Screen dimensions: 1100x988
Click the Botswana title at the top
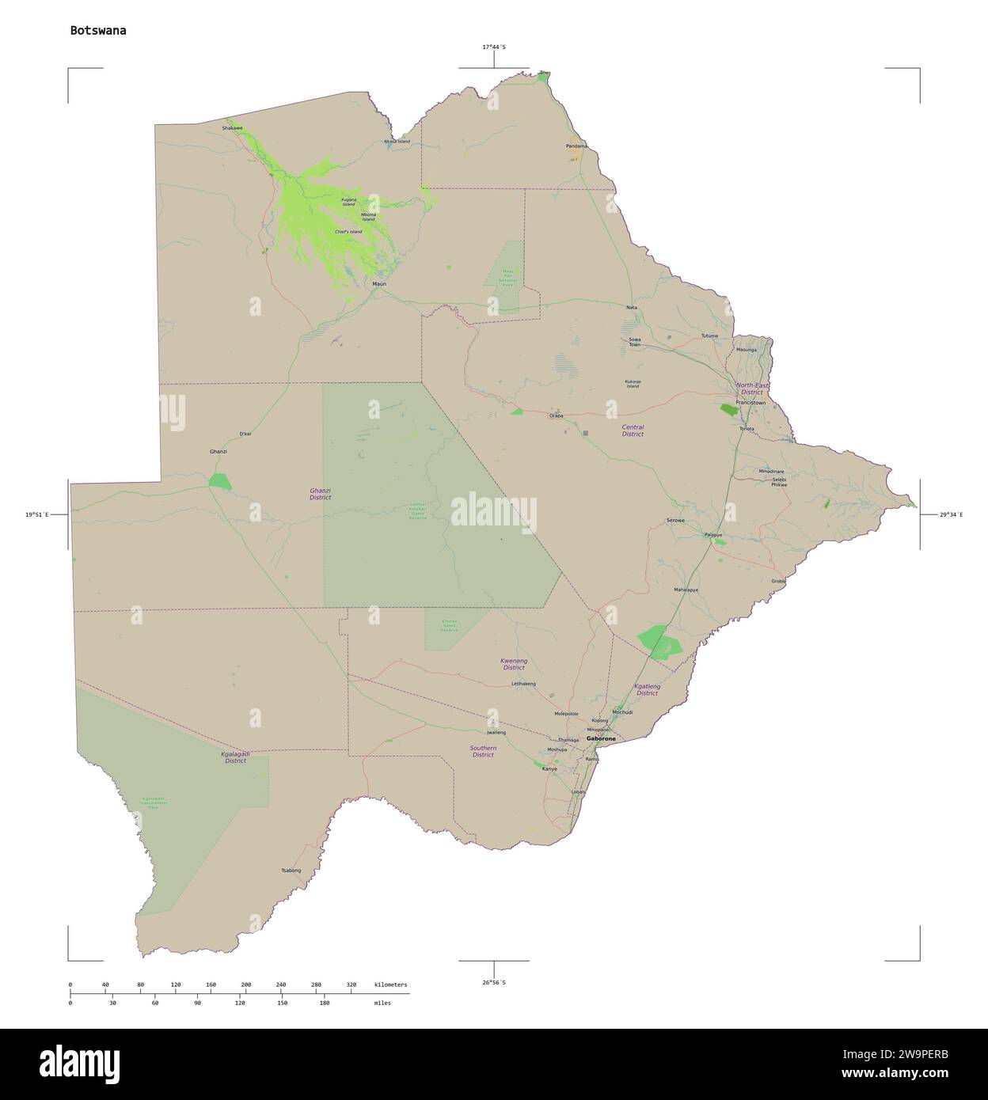97,31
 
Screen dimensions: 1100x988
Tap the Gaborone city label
601,738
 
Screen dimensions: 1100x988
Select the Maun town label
379,283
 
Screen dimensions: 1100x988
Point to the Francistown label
750,403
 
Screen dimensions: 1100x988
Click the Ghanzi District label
320,494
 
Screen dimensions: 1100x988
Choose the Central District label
633,431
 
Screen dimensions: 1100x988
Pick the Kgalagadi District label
235,757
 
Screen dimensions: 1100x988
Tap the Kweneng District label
514,664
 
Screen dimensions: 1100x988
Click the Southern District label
483,751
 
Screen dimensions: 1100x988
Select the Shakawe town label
232,128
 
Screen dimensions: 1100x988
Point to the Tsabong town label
291,871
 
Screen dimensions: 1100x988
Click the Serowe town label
675,520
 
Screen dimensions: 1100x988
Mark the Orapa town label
557,415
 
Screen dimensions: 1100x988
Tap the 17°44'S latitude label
494,47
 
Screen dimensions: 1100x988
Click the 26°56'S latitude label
494,982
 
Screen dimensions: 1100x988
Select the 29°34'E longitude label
952,514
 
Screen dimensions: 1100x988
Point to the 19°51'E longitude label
36,514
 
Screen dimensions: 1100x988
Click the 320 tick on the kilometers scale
351,984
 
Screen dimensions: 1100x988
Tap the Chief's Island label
348,232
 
